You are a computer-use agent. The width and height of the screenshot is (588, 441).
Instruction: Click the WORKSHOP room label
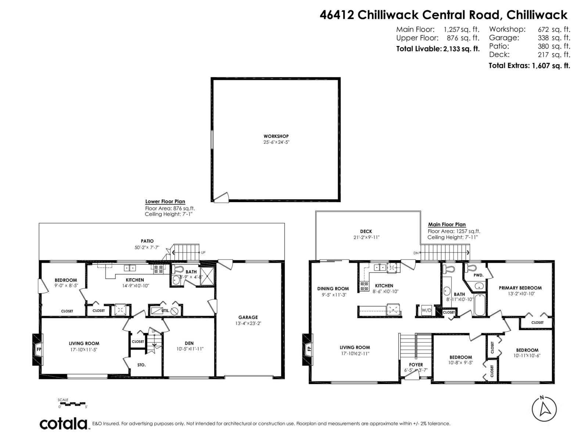(276, 136)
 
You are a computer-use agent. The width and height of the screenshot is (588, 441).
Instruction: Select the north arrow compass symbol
(544, 409)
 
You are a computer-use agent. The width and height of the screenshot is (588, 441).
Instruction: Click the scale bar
(72, 404)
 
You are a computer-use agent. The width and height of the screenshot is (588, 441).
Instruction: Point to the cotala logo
(63, 423)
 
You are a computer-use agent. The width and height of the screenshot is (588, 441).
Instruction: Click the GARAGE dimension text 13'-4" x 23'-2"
(248, 323)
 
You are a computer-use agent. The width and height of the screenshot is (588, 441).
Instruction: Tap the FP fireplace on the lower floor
(38, 349)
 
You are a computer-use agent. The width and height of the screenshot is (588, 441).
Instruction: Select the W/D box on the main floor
(426, 311)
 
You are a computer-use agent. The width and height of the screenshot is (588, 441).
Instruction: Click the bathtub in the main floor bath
(480, 305)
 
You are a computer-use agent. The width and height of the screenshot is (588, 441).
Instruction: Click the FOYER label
(416, 365)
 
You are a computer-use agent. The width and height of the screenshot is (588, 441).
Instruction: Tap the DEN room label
(189, 343)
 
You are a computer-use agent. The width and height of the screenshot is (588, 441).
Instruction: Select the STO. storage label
(141, 365)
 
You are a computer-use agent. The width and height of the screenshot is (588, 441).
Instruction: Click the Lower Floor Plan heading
(165, 201)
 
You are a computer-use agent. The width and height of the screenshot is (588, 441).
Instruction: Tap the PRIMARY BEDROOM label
(520, 288)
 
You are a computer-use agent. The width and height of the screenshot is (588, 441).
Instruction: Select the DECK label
(366, 231)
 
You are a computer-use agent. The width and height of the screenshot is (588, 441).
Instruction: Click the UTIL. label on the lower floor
(165, 311)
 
